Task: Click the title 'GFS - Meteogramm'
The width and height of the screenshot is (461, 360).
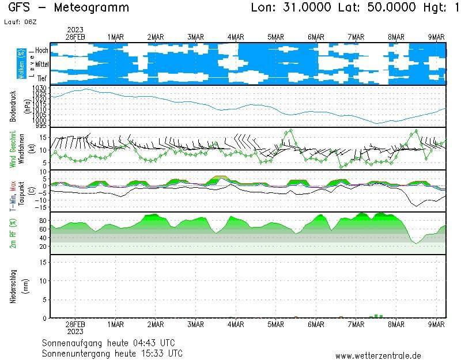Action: click(x=69, y=7)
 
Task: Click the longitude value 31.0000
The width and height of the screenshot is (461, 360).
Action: click(x=308, y=7)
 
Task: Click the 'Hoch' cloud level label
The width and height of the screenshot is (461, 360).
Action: click(x=41, y=51)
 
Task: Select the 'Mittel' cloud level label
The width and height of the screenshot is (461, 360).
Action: click(x=41, y=64)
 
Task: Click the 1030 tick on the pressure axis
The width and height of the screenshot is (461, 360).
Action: click(x=39, y=88)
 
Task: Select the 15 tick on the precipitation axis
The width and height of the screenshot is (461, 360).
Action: click(x=43, y=263)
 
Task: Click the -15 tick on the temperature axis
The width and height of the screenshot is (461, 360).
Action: click(x=40, y=207)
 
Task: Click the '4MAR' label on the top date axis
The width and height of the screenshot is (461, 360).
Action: click(x=236, y=37)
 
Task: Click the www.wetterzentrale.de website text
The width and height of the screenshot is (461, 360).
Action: click(x=378, y=356)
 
